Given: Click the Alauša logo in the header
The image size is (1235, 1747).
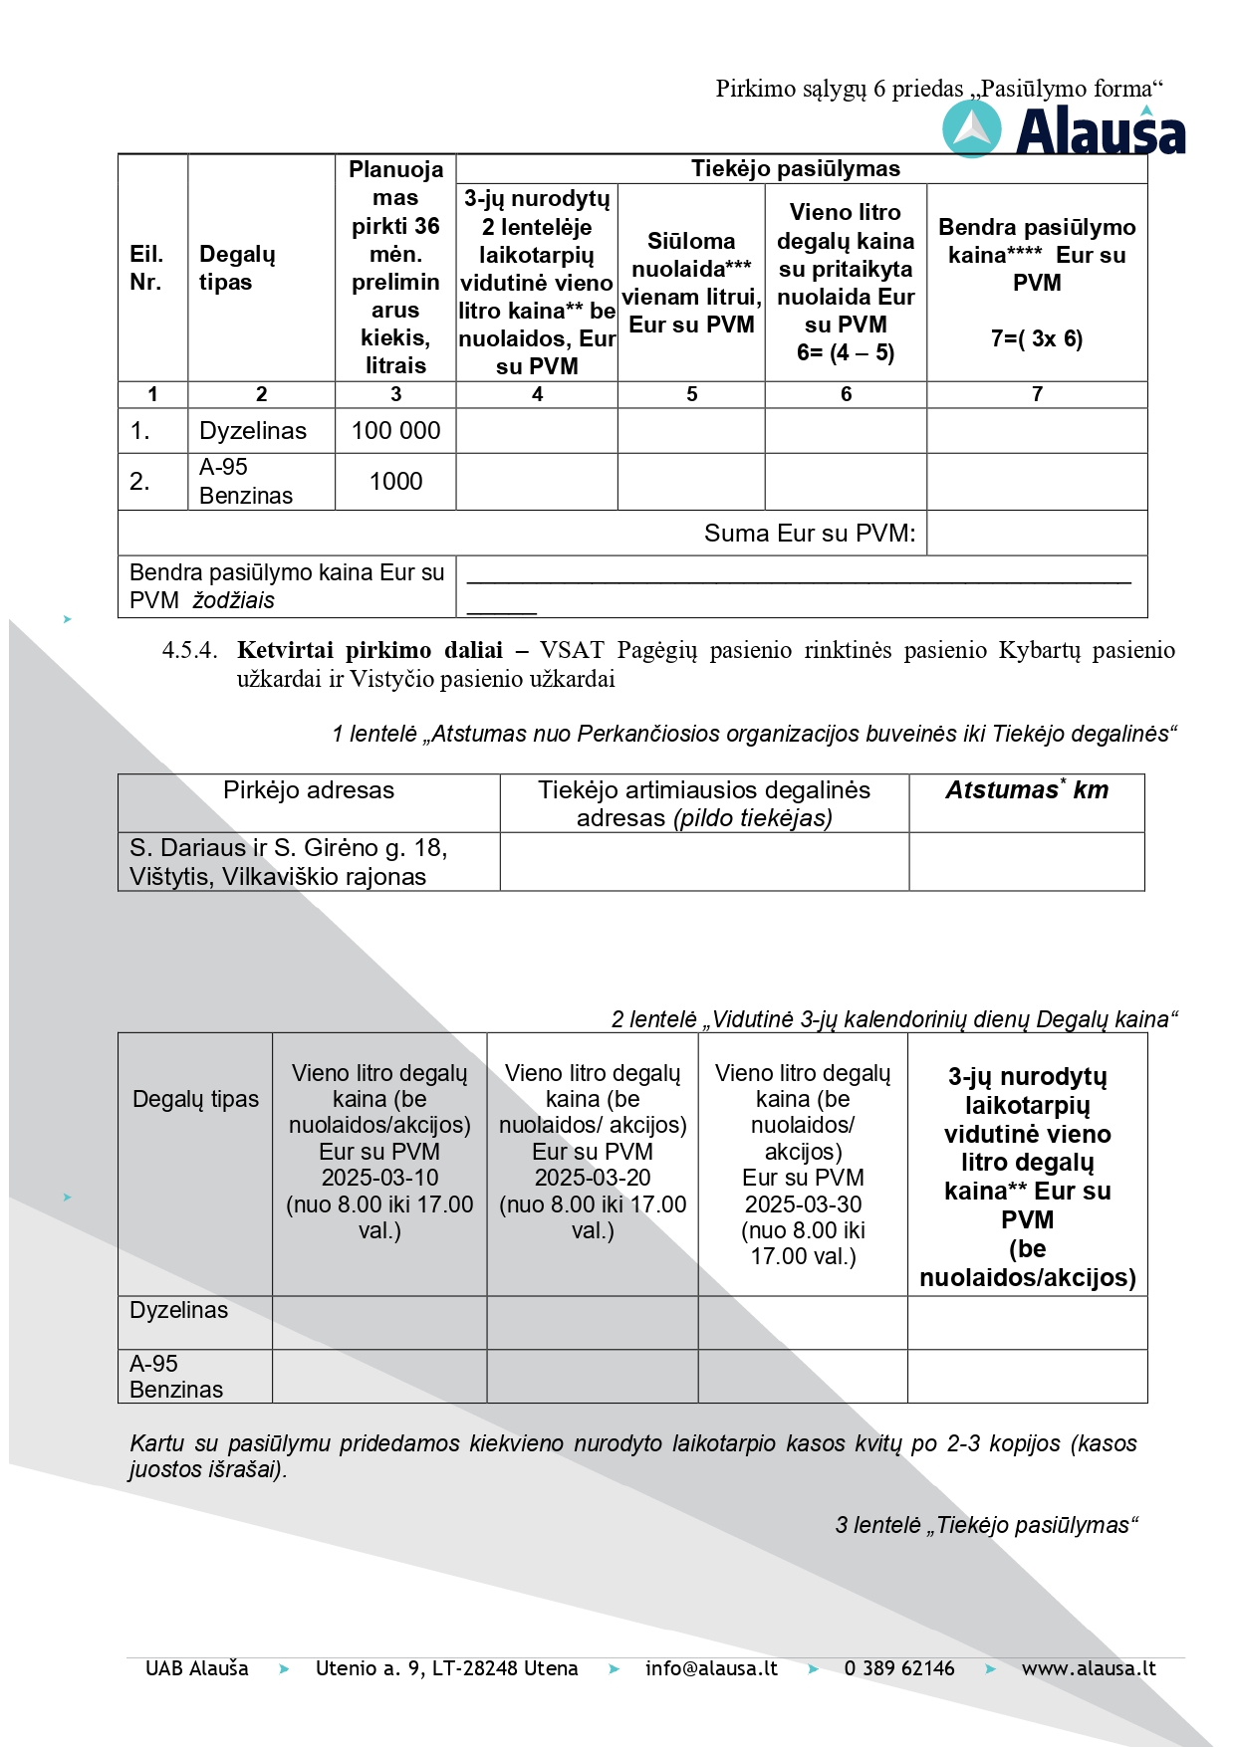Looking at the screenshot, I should tap(1064, 131).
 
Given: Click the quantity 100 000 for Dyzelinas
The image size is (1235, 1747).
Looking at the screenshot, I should tap(395, 431).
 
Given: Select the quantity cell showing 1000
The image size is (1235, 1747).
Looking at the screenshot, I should tap(395, 482).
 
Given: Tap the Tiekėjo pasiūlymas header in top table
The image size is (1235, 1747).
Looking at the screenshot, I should tap(796, 169).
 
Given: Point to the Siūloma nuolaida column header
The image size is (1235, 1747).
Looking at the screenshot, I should tap(691, 283).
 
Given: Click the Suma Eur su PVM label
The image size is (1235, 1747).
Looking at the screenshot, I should tap(809, 534).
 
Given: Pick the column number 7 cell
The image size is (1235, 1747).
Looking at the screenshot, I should tap(1037, 394).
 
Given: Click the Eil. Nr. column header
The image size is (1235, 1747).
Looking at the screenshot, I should tap(146, 268).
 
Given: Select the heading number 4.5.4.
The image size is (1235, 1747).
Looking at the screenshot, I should tap(189, 651).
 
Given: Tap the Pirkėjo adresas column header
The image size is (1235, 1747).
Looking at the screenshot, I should tap(309, 790).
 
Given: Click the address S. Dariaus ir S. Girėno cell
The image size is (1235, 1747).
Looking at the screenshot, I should tap(289, 862).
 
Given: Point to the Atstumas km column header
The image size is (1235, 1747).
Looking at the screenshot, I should tap(1027, 790).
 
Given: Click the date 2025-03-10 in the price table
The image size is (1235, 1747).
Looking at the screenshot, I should tap(379, 1178).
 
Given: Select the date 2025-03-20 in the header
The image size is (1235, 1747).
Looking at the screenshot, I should tap(593, 1178).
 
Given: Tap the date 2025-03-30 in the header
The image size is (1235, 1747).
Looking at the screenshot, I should tap(803, 1204).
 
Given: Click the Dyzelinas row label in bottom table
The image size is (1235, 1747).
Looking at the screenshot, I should tap(179, 1311).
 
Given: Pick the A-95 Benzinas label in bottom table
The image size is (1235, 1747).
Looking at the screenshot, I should tap(176, 1377).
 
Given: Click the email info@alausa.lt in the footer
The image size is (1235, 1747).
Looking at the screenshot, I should tap(711, 1668).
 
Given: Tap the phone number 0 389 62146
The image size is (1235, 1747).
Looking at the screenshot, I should tap(899, 1668).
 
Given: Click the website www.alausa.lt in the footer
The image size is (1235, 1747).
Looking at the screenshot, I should tap(1089, 1668).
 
